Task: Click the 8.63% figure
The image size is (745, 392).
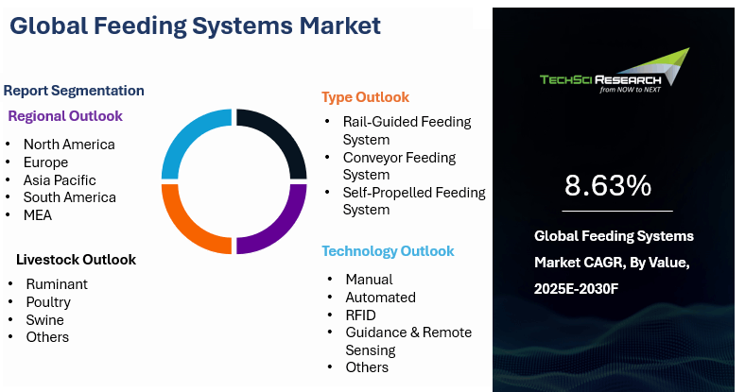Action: pyautogui.click(x=608, y=185)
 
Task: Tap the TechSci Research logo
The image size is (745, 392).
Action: pyautogui.click(x=615, y=70)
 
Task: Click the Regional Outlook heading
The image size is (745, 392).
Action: pyautogui.click(x=65, y=116)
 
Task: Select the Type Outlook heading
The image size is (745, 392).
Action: pyautogui.click(x=365, y=97)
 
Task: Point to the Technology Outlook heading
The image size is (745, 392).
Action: pyautogui.click(x=388, y=251)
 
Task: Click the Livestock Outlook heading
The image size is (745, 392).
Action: pyautogui.click(x=76, y=260)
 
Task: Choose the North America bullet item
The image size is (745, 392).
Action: pyautogui.click(x=69, y=145)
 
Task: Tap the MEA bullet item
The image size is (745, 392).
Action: pyautogui.click(x=38, y=215)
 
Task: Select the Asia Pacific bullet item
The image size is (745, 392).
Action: pyautogui.click(x=60, y=180)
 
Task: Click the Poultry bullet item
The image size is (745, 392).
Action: pyautogui.click(x=48, y=302)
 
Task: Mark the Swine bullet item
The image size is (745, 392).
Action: pyautogui.click(x=44, y=320)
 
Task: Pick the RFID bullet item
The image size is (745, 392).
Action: pyautogui.click(x=360, y=315)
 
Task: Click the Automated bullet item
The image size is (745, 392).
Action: pyautogui.click(x=381, y=298)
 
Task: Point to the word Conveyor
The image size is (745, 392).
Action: pyautogui.click(x=374, y=158)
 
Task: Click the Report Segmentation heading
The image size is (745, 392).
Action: pyautogui.click(x=74, y=91)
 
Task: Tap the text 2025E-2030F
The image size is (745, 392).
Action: pyautogui.click(x=577, y=288)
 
